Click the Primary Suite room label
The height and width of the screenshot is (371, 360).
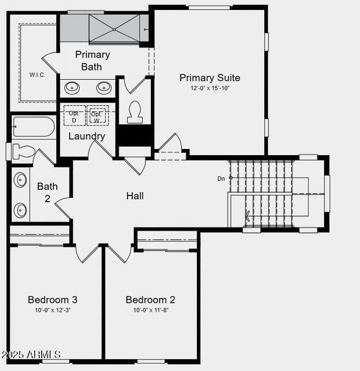coord(210,78)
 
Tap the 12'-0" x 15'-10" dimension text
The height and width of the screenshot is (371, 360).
coord(210,88)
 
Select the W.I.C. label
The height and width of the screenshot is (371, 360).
coord(37,75)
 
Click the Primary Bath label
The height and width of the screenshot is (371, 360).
coord(92,61)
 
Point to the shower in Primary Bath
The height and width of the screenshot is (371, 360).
coord(114,28)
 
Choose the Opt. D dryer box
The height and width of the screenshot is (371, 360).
coord(74,116)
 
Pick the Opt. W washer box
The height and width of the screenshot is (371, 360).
coord(97,116)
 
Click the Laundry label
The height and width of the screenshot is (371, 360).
coord(87,136)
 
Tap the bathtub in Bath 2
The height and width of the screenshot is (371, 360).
coord(33,127)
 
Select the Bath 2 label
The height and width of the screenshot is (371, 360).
coord(48,192)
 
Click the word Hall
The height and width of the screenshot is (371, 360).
coord(135,196)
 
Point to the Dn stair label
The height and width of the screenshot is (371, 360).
coord(221,179)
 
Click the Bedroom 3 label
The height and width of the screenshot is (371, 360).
coord(53,300)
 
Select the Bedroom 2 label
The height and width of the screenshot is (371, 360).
coord(150,300)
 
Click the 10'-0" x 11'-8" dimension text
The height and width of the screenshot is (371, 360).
coord(150,310)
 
